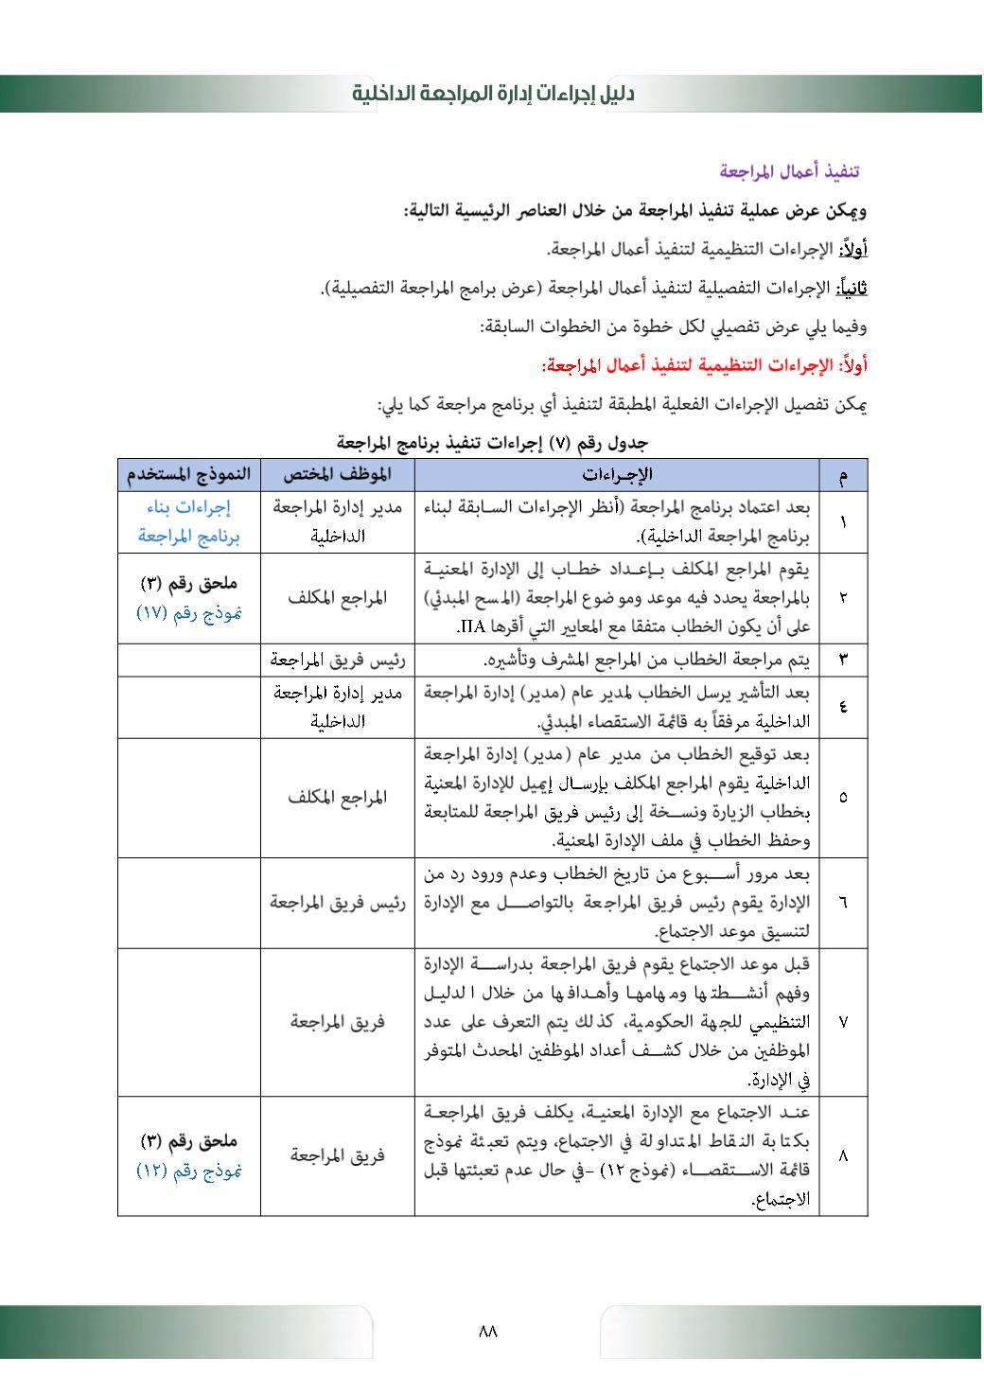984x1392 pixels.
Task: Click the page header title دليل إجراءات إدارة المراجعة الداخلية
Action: coord(493,94)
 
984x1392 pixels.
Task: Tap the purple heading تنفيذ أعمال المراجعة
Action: coord(789,171)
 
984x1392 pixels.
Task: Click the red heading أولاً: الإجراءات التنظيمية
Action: coord(704,365)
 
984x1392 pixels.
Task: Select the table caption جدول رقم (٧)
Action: coord(493,442)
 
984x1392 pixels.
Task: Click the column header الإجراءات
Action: coord(616,474)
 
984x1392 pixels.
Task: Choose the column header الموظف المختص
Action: coord(337,474)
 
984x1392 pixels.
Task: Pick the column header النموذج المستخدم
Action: coord(189,474)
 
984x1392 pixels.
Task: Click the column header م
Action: coord(842,475)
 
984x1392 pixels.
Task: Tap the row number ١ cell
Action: coord(842,522)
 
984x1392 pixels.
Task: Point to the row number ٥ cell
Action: coord(842,797)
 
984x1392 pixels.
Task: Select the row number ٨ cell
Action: coord(842,1155)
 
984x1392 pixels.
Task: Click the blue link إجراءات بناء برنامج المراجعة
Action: coord(189,522)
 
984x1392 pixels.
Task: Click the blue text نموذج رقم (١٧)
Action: coord(189,612)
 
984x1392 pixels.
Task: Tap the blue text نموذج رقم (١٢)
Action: coord(189,1171)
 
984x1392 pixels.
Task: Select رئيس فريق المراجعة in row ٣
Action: coord(337,660)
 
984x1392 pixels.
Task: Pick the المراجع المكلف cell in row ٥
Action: coord(337,797)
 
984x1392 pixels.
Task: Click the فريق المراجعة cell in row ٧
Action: coord(337,1022)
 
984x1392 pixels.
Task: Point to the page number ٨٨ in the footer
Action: coord(488,1331)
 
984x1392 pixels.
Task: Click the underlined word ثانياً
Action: coord(854,288)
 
